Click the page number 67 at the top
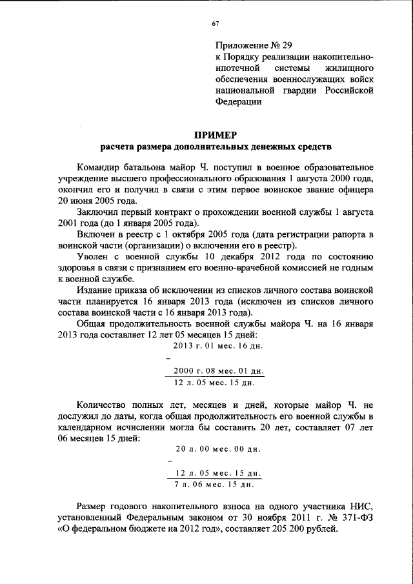[x=216, y=24]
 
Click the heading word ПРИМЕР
[x=216, y=135]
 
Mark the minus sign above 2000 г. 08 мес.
[x=168, y=358]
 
